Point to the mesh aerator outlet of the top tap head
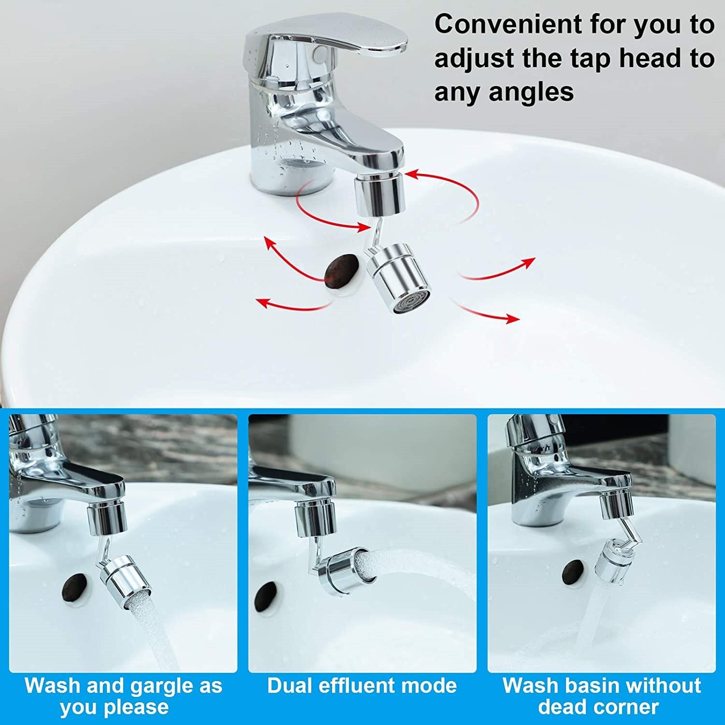411,302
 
